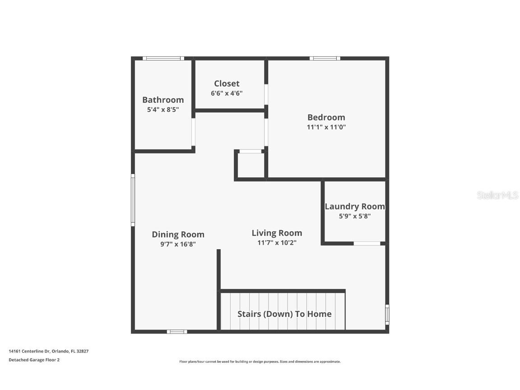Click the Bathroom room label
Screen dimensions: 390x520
pyautogui.click(x=163, y=100)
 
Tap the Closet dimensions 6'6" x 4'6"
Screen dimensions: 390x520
pyautogui.click(x=227, y=93)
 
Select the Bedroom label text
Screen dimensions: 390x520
pyautogui.click(x=326, y=117)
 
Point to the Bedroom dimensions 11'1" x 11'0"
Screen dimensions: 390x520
pyautogui.click(x=326, y=127)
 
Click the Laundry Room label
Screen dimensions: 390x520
pyautogui.click(x=355, y=206)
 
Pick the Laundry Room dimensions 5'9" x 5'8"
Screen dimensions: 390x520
pyautogui.click(x=355, y=216)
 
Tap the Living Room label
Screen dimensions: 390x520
pyautogui.click(x=277, y=233)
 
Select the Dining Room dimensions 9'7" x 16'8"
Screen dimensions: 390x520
pyautogui.click(x=178, y=244)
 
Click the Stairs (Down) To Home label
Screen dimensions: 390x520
pyautogui.click(x=284, y=314)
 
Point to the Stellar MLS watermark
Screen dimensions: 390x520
pyautogui.click(x=497, y=195)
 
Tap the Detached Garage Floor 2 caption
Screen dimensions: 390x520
pyautogui.click(x=34, y=360)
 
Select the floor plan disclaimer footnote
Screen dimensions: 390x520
pyautogui.click(x=260, y=362)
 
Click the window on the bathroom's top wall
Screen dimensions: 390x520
pyautogui.click(x=163, y=58)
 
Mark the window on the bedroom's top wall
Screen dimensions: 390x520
pyautogui.click(x=325, y=58)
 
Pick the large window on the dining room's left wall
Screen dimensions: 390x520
pyautogui.click(x=133, y=200)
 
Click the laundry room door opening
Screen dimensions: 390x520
pyautogui.click(x=367, y=244)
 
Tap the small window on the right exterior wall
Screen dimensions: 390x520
pyautogui.click(x=387, y=314)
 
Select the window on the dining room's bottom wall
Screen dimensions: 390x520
pyautogui.click(x=177, y=332)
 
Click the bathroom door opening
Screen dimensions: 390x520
pyautogui.click(x=193, y=132)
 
